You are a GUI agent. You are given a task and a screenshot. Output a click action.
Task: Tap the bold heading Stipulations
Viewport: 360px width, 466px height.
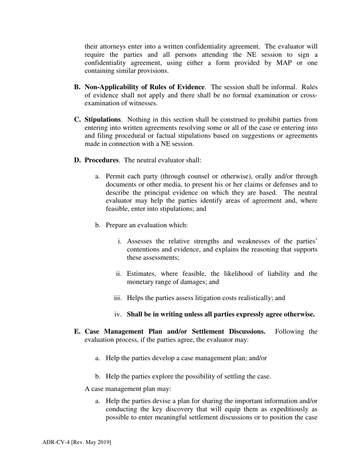point(102,120)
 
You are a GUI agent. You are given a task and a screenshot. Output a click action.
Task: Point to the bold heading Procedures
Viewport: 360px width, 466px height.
point(101,160)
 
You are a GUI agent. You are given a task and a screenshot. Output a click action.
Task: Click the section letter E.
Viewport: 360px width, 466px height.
point(77,332)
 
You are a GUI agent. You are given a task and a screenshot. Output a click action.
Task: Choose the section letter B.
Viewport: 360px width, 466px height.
point(77,87)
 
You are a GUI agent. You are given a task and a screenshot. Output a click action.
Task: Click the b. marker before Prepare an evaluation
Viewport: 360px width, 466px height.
point(98,225)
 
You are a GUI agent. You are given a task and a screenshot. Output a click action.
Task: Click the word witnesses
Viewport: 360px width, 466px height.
point(145,103)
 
